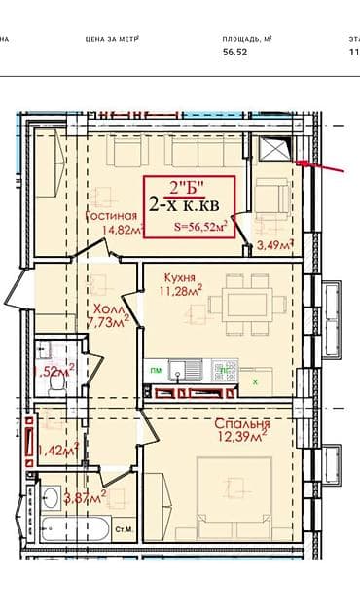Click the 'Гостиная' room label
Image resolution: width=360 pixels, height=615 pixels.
pyautogui.click(x=109, y=216)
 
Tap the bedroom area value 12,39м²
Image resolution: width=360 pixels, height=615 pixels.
pyautogui.click(x=243, y=441)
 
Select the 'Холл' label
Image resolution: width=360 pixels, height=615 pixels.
pyautogui.click(x=99, y=305)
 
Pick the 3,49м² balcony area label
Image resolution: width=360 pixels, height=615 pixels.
pyautogui.click(x=275, y=245)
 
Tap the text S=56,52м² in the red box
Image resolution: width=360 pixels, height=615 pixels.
pyautogui.click(x=201, y=227)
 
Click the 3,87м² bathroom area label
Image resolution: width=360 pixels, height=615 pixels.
pyautogui.click(x=84, y=497)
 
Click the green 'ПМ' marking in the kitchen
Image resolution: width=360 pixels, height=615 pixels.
pyautogui.click(x=155, y=371)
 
